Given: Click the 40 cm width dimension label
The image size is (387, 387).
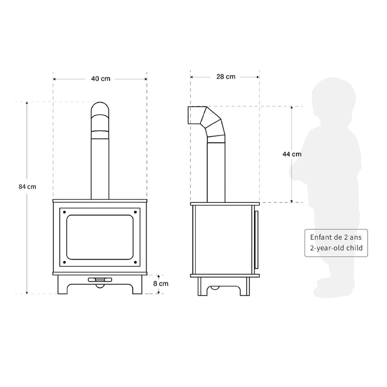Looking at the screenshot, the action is pos(101,79).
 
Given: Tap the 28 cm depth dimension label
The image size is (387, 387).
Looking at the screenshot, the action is pos(226,77).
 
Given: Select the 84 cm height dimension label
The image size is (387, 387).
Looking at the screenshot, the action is pos(27,187).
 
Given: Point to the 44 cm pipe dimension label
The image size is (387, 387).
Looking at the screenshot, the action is pos(292,154).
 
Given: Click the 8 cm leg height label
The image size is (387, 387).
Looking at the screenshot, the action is pos(161,283).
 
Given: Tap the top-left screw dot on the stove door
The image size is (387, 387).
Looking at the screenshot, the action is pos(65,212).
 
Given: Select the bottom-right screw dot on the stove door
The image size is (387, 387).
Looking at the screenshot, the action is pos(135,262).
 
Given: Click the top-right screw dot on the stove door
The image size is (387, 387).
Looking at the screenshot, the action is pos(135,212).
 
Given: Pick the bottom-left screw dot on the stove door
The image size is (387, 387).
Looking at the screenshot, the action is pos(65,262).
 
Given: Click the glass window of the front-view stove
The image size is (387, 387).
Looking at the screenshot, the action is pos(100,237).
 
